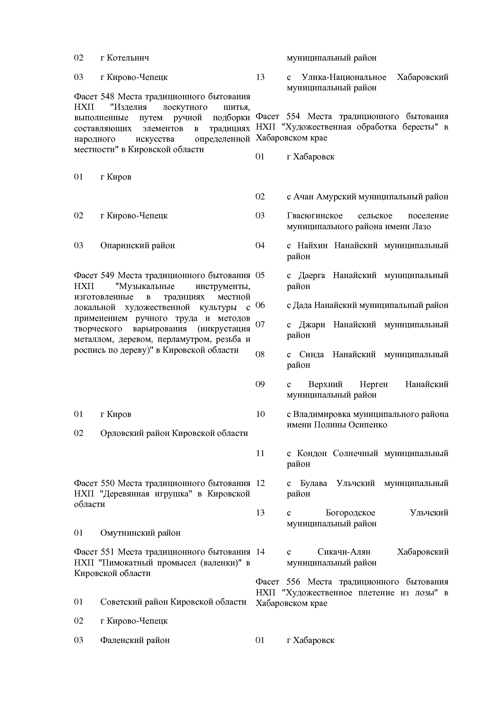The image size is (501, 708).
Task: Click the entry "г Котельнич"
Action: pos(124,58)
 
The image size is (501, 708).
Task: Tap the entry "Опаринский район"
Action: pos(137,245)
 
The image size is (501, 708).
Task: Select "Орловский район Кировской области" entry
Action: pos(174,433)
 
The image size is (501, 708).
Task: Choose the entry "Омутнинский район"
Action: pos(140,533)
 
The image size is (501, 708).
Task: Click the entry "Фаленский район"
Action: pos(135,640)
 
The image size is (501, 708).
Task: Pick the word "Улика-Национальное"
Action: pos(344,77)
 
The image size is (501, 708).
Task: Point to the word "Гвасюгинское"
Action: pos(315,216)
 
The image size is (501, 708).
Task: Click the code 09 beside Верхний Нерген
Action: pos(260,384)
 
